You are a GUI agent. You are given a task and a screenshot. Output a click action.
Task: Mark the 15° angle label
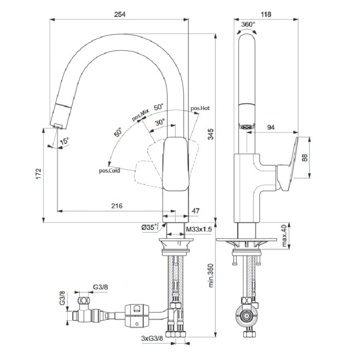tap(63, 141)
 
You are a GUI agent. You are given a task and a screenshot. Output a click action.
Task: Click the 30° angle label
tap(160, 122)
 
